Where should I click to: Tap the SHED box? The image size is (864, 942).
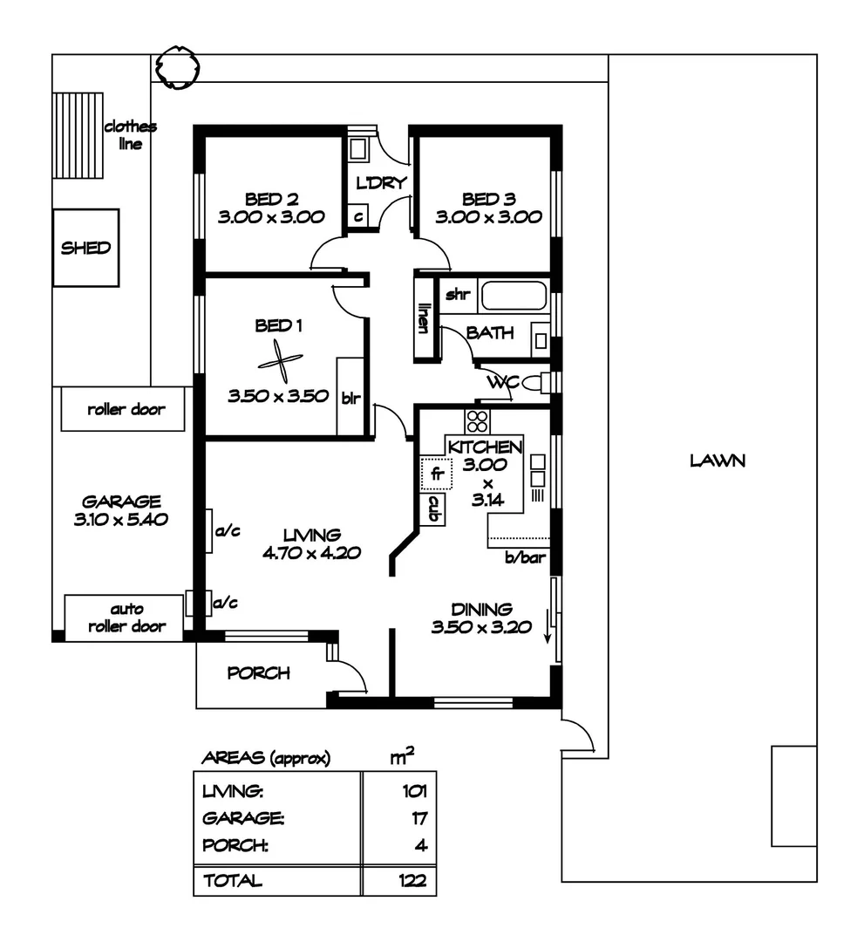(x=85, y=248)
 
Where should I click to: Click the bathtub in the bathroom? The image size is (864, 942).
(x=513, y=297)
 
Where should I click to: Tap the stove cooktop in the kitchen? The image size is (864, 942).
(x=477, y=421)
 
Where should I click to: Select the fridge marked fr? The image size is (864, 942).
(x=433, y=474)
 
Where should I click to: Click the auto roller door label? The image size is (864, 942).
(x=126, y=618)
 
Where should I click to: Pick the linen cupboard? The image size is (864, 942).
(x=424, y=318)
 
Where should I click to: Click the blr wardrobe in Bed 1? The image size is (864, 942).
(x=350, y=396)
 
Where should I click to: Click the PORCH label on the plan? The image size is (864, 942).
(x=258, y=673)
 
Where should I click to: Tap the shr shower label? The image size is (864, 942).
(x=458, y=295)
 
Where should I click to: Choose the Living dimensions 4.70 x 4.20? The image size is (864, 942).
(x=311, y=552)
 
